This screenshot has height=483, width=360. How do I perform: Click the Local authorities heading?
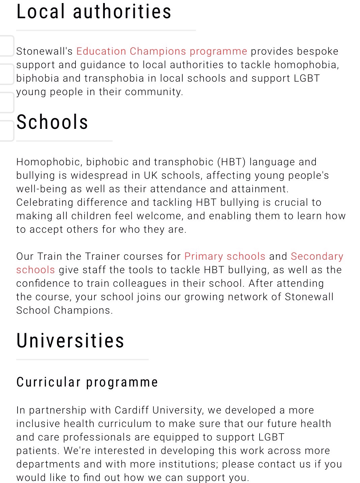(x=94, y=11)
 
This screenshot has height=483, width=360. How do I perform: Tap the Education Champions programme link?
(x=161, y=51)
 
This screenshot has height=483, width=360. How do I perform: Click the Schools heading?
(x=52, y=122)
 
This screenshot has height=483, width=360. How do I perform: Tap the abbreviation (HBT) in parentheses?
(x=231, y=162)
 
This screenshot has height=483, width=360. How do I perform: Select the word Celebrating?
(x=45, y=202)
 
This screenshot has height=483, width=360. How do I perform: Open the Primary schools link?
(x=225, y=256)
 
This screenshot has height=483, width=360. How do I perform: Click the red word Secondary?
(x=317, y=256)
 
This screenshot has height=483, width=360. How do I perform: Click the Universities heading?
(x=70, y=340)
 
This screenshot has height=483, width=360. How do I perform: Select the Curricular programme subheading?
(x=87, y=382)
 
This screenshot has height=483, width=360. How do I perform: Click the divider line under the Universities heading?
(x=82, y=360)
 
